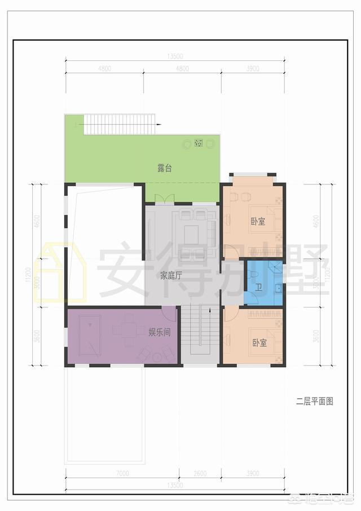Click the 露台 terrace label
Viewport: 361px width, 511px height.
pos(164,168)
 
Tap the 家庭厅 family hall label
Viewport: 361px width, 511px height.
pos(170,276)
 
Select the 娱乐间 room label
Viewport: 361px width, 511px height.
pos(160,332)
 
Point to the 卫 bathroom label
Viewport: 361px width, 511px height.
pos(258,288)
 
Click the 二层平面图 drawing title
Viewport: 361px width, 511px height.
pos(315,402)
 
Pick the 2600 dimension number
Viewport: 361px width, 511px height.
pos(200,473)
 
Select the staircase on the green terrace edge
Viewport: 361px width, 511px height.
pos(119,124)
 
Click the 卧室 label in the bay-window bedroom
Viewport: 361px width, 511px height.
pos(258,222)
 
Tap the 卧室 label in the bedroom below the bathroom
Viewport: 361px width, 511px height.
pos(259,342)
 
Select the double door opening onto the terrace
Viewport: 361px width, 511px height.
pos(160,198)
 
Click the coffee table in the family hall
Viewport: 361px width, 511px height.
pos(192,233)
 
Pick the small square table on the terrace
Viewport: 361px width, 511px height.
pos(199,144)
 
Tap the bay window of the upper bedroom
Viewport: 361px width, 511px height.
pos(252,175)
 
